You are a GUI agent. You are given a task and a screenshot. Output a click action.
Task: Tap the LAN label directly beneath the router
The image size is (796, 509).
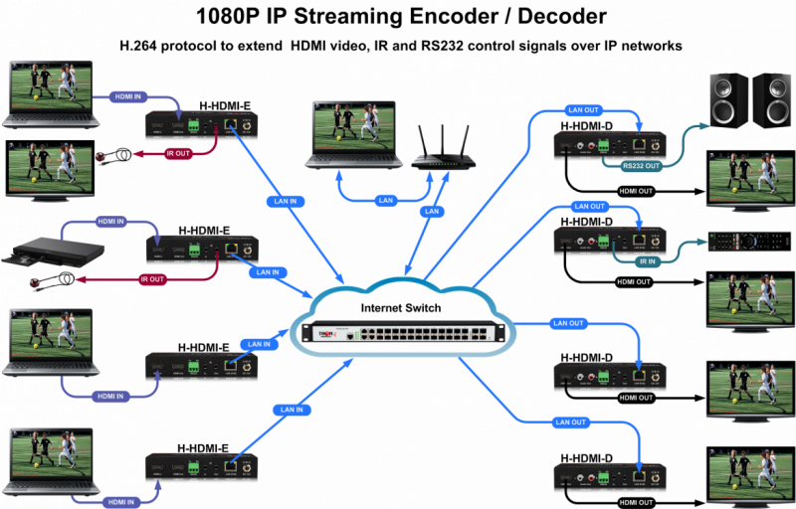tap(431, 211)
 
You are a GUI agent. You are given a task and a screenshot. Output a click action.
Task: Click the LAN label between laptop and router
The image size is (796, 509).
tap(385, 201)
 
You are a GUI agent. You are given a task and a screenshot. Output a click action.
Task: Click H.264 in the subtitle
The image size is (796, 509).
tap(140, 46)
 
